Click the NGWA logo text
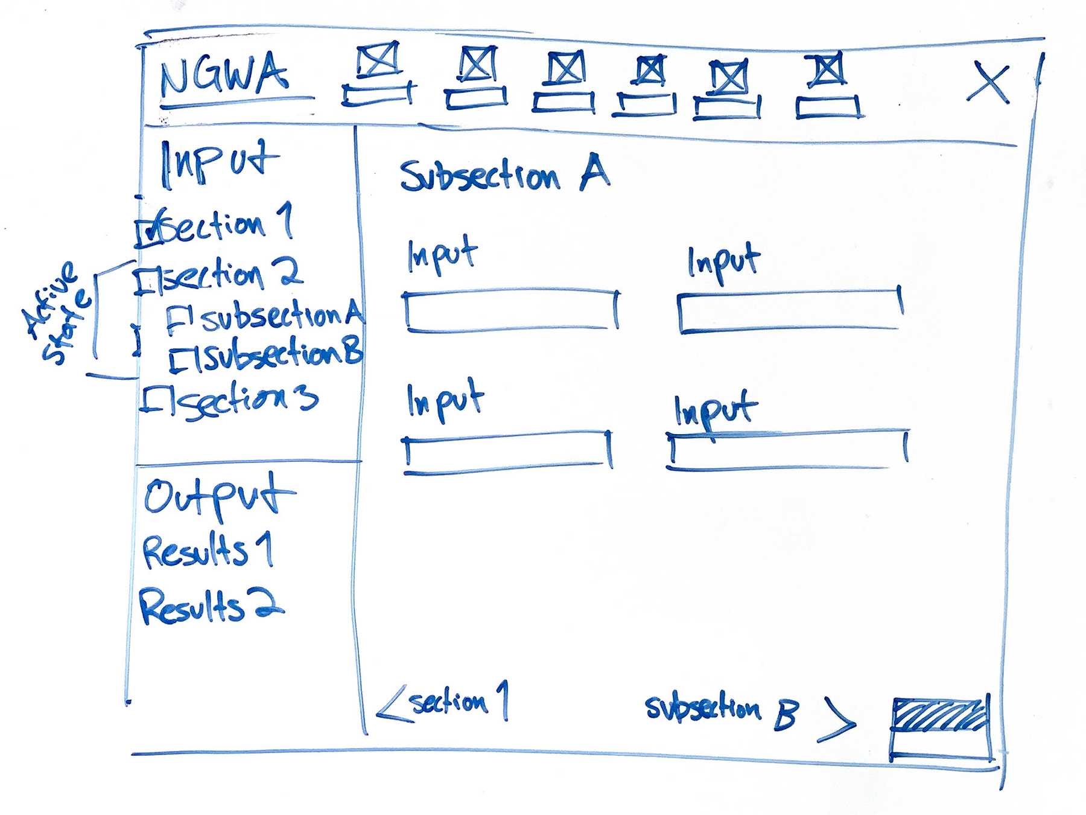(223, 75)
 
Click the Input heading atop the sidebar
(218, 162)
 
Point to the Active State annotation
(57, 314)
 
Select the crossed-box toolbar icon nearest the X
(827, 69)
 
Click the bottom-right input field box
(787, 450)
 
